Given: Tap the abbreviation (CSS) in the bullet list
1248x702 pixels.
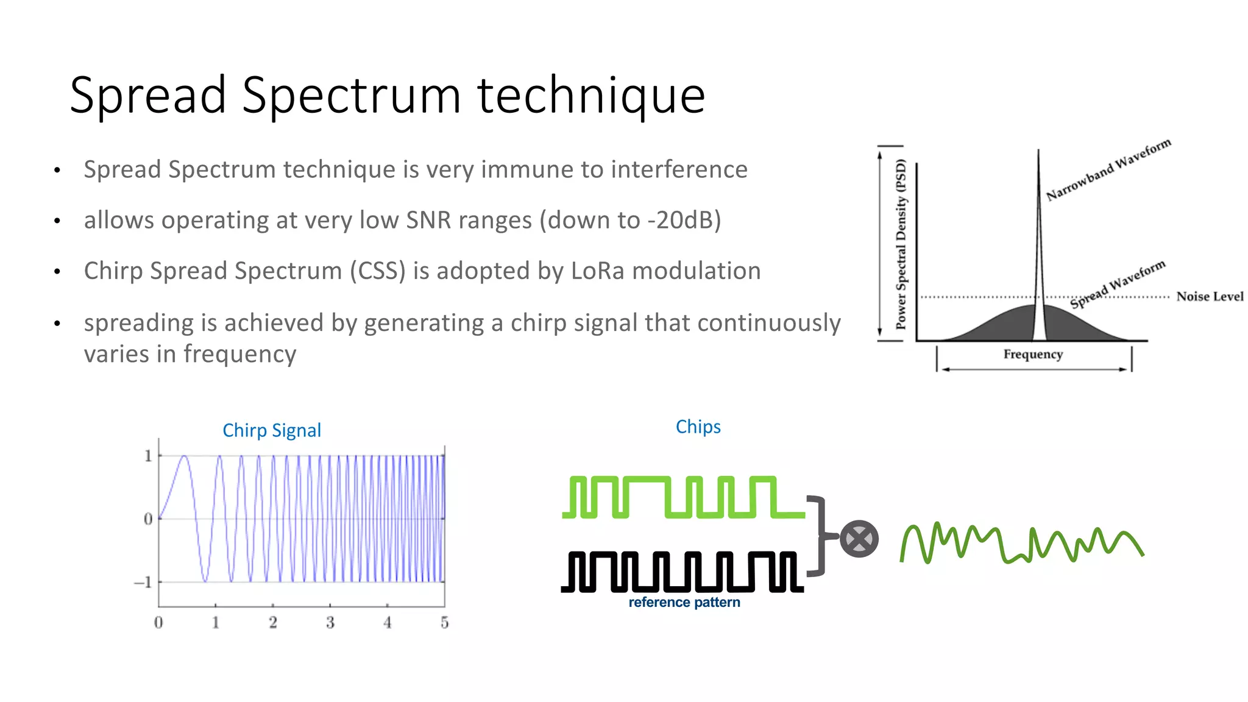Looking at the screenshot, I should pyautogui.click(x=377, y=271).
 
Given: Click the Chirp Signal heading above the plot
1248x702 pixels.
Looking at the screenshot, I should pyautogui.click(x=271, y=430).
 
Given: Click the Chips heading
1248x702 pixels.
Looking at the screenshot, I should pyautogui.click(x=698, y=427).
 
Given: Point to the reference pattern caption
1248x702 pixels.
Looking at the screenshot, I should pyautogui.click(x=684, y=602).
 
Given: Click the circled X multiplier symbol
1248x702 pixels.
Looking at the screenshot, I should pyautogui.click(x=859, y=539).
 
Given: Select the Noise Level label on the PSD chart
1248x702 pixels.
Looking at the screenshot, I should pyautogui.click(x=1209, y=297).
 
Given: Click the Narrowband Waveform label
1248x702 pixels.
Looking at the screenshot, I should pyautogui.click(x=1108, y=169).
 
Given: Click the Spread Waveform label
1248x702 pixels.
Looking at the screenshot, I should pyautogui.click(x=1117, y=284).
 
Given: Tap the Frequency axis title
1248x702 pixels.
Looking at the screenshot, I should pyautogui.click(x=1033, y=354).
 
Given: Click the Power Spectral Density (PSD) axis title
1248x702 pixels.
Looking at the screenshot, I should pyautogui.click(x=901, y=244).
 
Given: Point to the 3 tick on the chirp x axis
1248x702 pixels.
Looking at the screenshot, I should pyautogui.click(x=330, y=623).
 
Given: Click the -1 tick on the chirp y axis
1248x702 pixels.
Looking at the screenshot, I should pyautogui.click(x=144, y=583).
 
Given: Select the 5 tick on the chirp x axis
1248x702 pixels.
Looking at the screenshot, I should pyautogui.click(x=444, y=623).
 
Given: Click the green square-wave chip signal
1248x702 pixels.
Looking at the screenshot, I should pyautogui.click(x=682, y=497).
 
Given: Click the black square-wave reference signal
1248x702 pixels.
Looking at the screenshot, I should pyautogui.click(x=682, y=572).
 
